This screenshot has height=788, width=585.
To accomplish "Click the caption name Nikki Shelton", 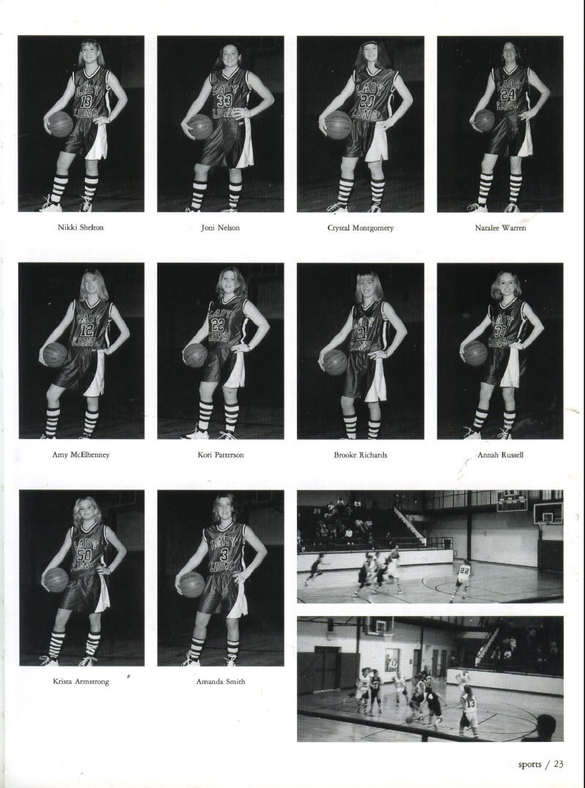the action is tap(80, 228).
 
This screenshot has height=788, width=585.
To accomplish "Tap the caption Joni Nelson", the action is tap(220, 228).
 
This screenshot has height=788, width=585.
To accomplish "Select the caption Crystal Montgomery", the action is tap(360, 228).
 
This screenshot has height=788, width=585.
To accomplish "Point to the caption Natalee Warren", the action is tap(500, 228).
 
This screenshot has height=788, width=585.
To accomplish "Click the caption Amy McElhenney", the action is tap(80, 455).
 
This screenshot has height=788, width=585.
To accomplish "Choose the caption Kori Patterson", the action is tap(220, 455).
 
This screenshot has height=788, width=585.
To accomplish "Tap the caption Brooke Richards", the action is tap(361, 455).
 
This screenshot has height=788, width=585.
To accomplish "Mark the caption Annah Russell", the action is tap(500, 455).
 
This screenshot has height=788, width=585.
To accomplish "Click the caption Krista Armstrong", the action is tap(81, 681).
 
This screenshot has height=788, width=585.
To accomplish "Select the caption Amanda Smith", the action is tap(220, 681).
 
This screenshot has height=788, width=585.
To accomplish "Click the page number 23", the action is tap(559, 764).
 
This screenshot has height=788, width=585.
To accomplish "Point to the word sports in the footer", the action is tap(529, 765).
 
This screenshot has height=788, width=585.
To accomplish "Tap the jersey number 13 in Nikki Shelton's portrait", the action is tap(86, 101).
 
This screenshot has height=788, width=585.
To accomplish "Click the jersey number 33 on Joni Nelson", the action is tap(224, 100).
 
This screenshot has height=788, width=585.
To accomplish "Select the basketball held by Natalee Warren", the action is tap(484, 121).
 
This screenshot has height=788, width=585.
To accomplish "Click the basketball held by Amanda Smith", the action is tap(192, 585).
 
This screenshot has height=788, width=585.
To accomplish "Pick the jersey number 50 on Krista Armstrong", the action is tap(84, 555).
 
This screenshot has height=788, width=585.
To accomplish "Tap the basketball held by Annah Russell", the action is tap(475, 353).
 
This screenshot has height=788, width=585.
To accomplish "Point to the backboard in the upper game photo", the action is tap(548, 513).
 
